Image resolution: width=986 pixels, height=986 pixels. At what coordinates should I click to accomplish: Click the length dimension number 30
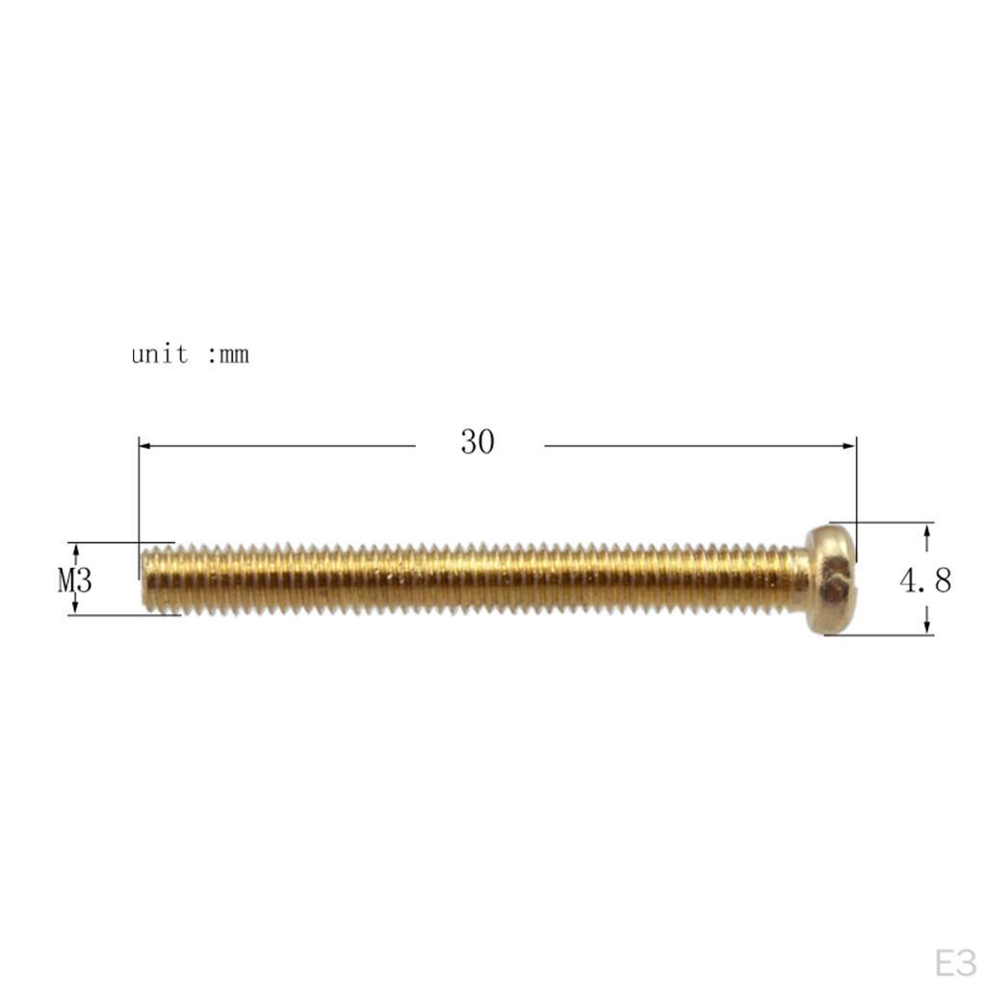click(478, 441)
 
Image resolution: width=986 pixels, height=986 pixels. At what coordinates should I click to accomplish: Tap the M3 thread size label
click(75, 580)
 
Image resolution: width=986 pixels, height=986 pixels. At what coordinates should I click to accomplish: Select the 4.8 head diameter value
click(925, 580)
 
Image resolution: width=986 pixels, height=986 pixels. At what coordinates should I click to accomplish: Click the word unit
click(160, 354)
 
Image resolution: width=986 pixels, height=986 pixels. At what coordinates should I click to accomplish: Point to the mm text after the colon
click(234, 355)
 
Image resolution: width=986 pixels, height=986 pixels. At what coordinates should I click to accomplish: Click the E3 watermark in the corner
click(954, 963)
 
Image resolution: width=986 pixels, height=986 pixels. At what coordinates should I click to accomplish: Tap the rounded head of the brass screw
click(831, 579)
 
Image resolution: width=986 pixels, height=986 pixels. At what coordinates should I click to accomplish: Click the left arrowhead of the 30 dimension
click(145, 446)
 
